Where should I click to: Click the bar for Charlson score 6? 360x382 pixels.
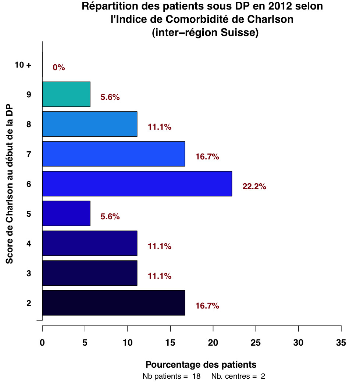(137, 184)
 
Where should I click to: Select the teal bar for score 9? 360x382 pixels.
(66, 94)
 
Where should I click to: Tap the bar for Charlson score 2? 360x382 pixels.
(113, 303)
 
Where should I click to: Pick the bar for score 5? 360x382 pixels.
(66, 213)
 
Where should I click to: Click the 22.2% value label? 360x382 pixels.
(254, 187)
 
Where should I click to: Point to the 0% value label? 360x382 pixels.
(59, 68)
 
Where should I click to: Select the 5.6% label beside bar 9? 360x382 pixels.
(110, 97)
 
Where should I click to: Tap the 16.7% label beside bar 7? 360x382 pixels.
(207, 157)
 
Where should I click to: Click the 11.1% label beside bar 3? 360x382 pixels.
(160, 276)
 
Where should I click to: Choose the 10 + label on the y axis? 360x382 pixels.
(23, 65)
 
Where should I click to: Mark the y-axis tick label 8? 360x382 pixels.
(28, 125)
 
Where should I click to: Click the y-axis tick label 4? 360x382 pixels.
(28, 244)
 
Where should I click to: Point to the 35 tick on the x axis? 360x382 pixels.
(341, 342)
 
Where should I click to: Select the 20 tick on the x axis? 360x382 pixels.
(213, 342)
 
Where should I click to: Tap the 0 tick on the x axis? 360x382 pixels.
(42, 342)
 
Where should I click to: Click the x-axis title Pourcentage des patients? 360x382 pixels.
(201, 365)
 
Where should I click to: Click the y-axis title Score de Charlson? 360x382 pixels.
(10, 184)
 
